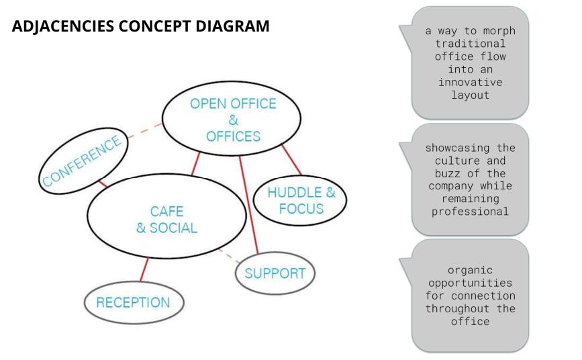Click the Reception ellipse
pos(134,302)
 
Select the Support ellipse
pos(275,273)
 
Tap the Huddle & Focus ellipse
pos(301,200)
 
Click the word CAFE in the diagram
pos(166,212)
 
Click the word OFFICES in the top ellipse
pos(233,136)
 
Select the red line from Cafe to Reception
pos(143,271)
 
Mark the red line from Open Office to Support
pos(249,205)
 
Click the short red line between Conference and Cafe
pos(102,182)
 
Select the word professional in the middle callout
pos(470,211)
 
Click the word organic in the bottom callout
pos(470,270)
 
